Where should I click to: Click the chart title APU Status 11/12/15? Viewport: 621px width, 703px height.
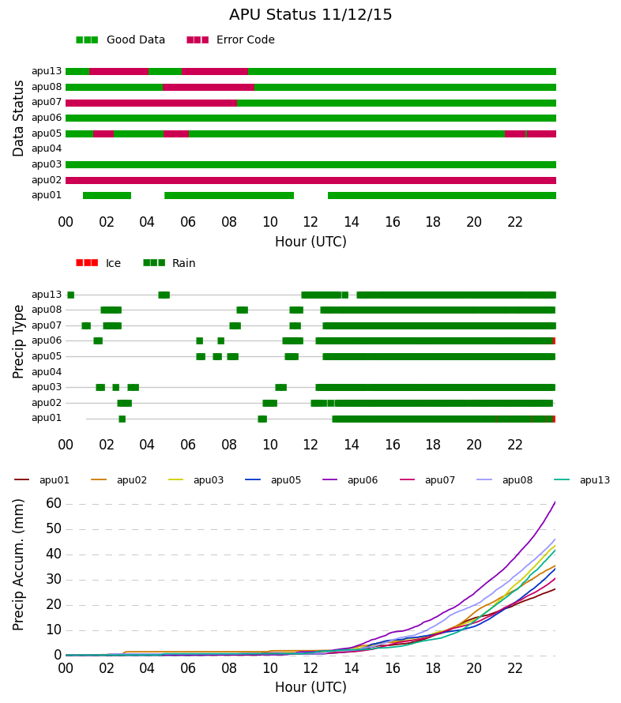[310, 14]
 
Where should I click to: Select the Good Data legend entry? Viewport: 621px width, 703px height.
[120, 39]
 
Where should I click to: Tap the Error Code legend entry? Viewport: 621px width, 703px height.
[231, 39]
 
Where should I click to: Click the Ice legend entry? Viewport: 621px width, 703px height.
[98, 263]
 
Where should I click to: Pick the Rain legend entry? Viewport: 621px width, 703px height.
[169, 263]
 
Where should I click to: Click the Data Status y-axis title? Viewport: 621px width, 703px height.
[18, 118]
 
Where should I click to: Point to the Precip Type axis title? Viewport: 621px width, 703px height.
[18, 342]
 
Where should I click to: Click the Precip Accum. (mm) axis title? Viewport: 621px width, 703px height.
[18, 565]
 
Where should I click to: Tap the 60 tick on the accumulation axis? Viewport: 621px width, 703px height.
[54, 503]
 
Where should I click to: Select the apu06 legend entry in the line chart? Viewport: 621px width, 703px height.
[350, 479]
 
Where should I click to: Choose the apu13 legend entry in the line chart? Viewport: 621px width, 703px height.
[582, 479]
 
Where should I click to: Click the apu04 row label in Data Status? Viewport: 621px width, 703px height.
[47, 148]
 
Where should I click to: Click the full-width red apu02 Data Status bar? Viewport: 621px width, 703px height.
[310, 180]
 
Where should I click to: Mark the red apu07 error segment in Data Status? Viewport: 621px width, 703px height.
[151, 103]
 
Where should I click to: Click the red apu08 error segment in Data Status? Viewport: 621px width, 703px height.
[209, 88]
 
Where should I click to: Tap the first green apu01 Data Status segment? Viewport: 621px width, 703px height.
[107, 195]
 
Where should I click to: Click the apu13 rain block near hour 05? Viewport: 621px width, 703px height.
[164, 295]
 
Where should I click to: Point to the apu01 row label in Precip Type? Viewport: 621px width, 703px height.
[47, 419]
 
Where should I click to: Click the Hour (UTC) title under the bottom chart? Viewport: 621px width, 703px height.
[310, 687]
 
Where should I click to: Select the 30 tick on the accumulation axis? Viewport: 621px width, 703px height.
[54, 579]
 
